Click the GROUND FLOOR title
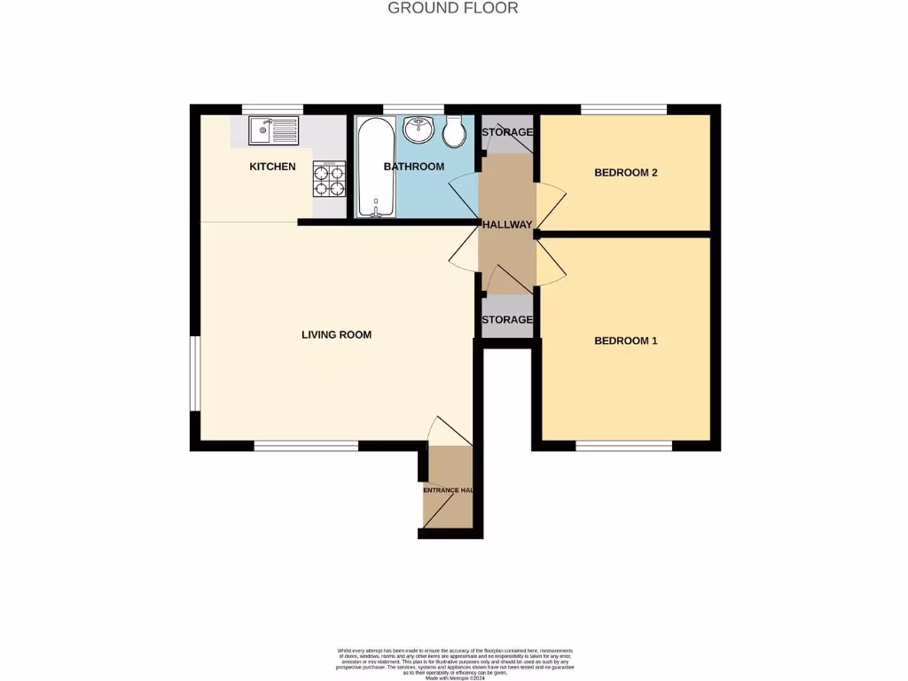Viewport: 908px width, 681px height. point(453,8)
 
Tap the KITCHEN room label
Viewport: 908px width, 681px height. point(272,167)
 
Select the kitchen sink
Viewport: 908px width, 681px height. point(274,131)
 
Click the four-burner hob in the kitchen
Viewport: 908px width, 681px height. point(328,179)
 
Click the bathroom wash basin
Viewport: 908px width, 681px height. point(417,130)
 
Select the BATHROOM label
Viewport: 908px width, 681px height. point(413,167)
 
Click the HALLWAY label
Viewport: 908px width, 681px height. point(506,225)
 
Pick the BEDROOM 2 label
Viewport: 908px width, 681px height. point(625,173)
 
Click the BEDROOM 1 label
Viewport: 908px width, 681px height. point(625,341)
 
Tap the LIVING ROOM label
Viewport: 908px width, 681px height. point(336,335)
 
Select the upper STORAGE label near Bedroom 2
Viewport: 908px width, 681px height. point(506,133)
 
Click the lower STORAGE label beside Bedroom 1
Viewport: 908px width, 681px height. point(506,320)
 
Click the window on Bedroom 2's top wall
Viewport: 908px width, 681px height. point(623,109)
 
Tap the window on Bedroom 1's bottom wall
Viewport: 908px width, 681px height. point(623,446)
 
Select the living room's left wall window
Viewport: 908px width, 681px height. point(195,373)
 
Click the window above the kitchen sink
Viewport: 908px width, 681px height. point(272,109)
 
